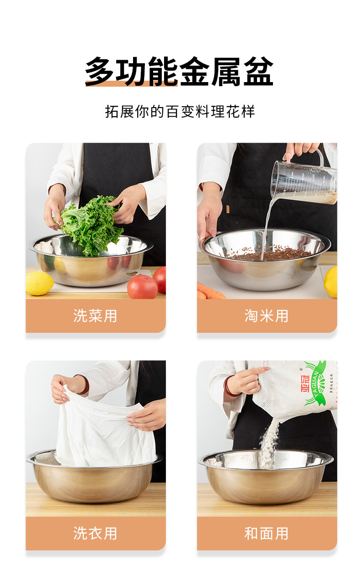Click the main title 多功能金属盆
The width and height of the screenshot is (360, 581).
click(179, 72)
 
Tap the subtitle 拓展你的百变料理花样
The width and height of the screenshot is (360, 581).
click(180, 112)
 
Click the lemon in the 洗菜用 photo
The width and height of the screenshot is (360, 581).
click(39, 283)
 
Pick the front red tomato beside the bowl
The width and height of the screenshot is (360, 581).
click(142, 287)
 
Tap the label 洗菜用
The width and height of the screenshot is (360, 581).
click(95, 316)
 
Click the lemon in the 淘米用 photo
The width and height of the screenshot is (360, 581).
click(331, 281)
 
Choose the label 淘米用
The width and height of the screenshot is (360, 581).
click(267, 316)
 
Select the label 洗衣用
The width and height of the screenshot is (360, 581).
click(95, 533)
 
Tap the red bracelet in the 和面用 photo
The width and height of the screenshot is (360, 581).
click(227, 386)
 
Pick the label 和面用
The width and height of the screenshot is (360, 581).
click(267, 533)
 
